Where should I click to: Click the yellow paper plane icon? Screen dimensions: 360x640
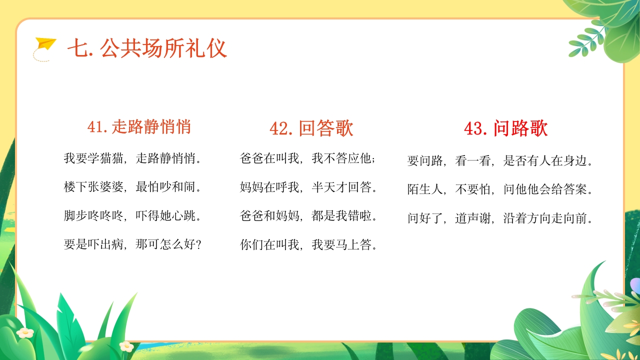click(x=45, y=45)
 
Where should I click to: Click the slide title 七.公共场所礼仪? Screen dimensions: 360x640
click(x=147, y=48)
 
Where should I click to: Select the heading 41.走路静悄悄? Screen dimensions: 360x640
click(x=139, y=127)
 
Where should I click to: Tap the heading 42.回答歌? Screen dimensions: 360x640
click(x=311, y=128)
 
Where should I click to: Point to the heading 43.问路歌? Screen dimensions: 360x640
click(x=505, y=128)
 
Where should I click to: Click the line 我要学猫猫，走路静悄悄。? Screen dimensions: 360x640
click(x=133, y=159)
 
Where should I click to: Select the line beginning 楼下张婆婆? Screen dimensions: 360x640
click(x=133, y=188)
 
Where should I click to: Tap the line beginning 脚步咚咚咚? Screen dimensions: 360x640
click(x=133, y=216)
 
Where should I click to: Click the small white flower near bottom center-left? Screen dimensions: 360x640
click(x=126, y=346)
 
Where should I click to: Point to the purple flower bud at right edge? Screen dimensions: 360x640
click(x=635, y=285)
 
